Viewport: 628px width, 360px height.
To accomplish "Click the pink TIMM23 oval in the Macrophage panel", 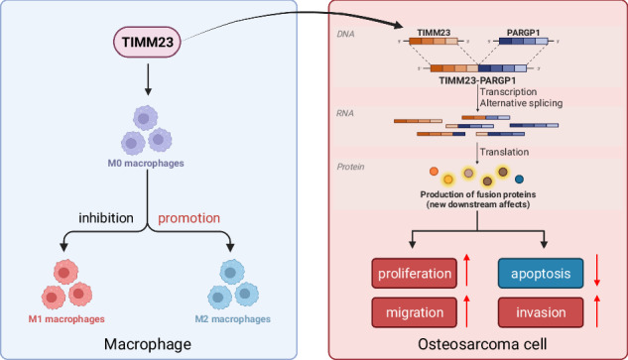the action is click(147, 42).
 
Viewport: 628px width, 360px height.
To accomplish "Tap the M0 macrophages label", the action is click(146, 163).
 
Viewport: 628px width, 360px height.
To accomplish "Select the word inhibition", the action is click(106, 218).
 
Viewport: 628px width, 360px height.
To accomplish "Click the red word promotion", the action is click(189, 218).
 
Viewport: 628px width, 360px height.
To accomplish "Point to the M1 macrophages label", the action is click(66, 319).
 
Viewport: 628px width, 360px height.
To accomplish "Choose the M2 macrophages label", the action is click(233, 319).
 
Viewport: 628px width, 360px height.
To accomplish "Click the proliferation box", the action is click(415, 274).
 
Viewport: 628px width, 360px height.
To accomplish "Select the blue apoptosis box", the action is click(541, 274).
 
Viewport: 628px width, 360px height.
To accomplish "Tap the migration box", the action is click(415, 312).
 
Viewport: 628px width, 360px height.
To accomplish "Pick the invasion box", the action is click(541, 312).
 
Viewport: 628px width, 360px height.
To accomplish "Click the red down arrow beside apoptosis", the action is click(597, 270).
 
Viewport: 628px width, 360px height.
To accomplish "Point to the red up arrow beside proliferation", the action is click(466, 270).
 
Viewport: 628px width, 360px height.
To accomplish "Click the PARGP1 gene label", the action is click(523, 33).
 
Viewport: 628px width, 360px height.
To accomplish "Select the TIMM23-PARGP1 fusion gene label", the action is click(477, 80).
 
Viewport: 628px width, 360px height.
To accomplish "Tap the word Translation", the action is click(504, 152).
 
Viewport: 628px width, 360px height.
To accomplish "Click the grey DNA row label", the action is click(345, 34).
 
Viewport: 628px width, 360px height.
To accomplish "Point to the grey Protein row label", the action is click(350, 167).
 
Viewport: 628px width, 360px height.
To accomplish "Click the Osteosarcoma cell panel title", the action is click(482, 344).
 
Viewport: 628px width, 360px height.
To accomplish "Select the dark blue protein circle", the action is click(519, 180).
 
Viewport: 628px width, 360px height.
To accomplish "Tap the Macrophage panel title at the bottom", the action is click(148, 344).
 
